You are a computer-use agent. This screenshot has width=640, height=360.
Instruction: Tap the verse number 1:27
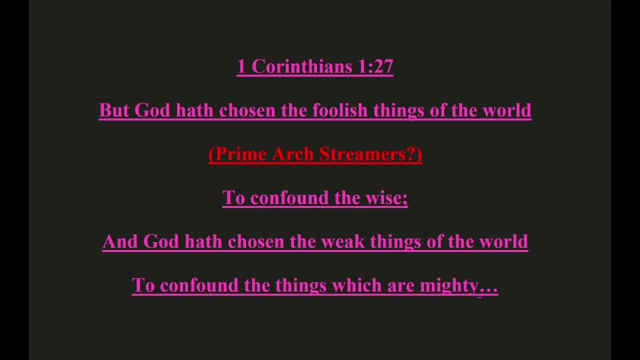375,66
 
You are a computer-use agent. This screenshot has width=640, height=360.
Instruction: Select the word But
114,110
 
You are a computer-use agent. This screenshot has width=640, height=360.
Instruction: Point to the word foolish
339,110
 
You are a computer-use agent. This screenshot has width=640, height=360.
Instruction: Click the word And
119,241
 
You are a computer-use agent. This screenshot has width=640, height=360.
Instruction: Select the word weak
342,241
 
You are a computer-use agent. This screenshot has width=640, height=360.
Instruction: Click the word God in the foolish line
151,110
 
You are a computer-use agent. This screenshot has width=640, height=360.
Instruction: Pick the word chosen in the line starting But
247,110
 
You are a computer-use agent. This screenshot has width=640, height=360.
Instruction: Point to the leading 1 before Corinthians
241,66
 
